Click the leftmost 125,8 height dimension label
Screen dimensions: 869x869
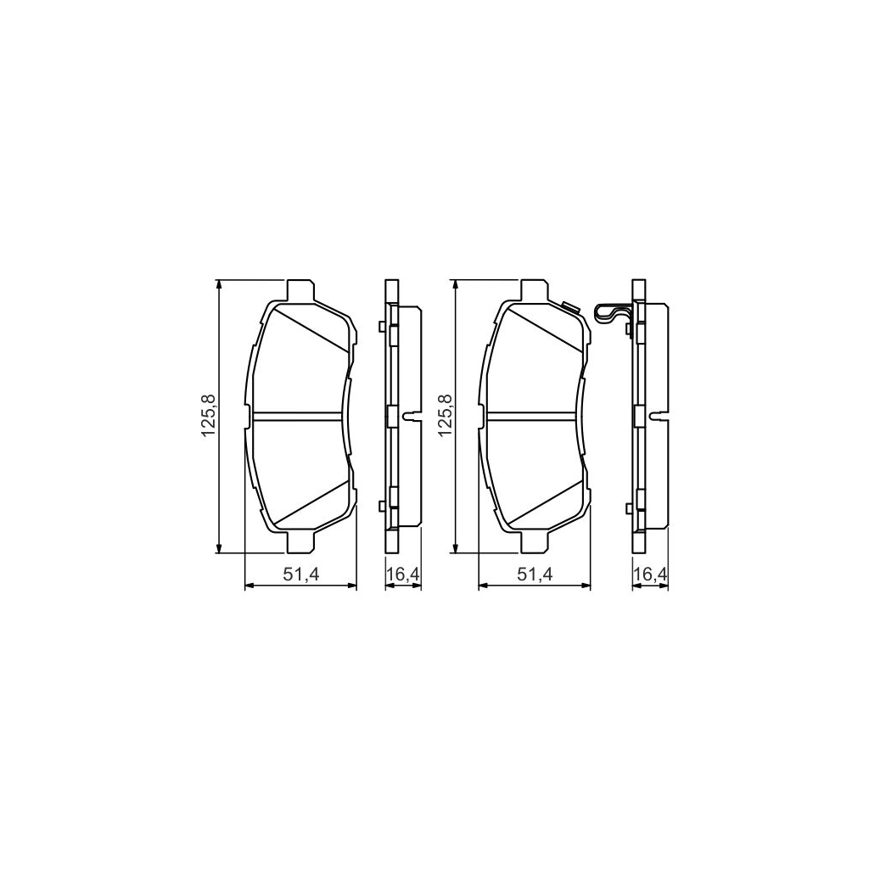[x=206, y=416]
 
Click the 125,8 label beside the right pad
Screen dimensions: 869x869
[x=442, y=416]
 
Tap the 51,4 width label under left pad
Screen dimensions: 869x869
[x=300, y=575]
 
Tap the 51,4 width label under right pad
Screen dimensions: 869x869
[x=535, y=575]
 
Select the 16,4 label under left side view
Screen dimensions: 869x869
[x=403, y=575]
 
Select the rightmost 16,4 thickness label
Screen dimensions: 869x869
[x=650, y=575]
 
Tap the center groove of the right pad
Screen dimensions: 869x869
[x=533, y=416]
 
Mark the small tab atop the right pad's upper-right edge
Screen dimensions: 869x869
[x=569, y=306]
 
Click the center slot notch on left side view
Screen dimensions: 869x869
[x=413, y=417]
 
